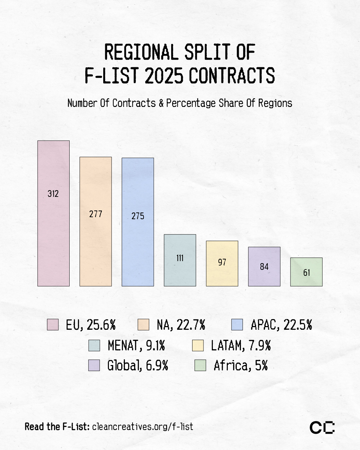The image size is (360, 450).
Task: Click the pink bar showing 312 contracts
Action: pyautogui.click(x=53, y=213)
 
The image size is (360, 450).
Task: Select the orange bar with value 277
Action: pyautogui.click(x=96, y=222)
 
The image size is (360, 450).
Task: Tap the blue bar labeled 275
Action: pyautogui.click(x=138, y=222)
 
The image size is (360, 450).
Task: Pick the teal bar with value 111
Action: pyautogui.click(x=180, y=260)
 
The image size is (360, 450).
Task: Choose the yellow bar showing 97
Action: pyautogui.click(x=222, y=263)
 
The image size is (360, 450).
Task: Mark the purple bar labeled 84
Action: pyautogui.click(x=264, y=266)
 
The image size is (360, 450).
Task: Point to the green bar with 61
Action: pyautogui.click(x=306, y=272)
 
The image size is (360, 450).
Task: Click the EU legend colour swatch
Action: pyautogui.click(x=53, y=324)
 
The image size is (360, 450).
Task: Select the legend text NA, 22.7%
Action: pyautogui.click(x=181, y=325)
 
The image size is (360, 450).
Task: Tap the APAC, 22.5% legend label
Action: pyautogui.click(x=281, y=325)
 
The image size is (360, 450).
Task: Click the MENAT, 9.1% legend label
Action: pyautogui.click(x=136, y=345)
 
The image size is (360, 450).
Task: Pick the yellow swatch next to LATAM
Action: pyautogui.click(x=198, y=345)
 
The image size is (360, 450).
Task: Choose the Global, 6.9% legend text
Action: pyautogui.click(x=138, y=366)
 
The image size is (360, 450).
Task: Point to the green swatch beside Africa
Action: pyautogui.click(x=200, y=365)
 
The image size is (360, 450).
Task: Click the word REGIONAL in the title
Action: pyautogui.click(x=141, y=52)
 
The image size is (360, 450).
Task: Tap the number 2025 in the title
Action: pyautogui.click(x=164, y=75)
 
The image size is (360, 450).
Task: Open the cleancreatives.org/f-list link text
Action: pyautogui.click(x=143, y=427)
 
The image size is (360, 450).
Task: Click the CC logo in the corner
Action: pyautogui.click(x=322, y=427)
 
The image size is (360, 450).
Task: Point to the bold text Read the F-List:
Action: pyautogui.click(x=57, y=427)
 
